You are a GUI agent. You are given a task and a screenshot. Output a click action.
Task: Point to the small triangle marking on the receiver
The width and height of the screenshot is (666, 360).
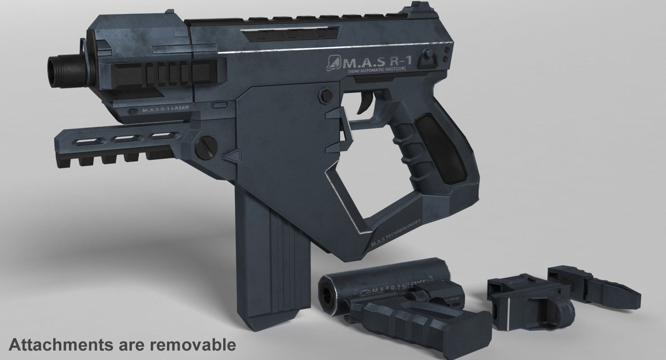(230, 157)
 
